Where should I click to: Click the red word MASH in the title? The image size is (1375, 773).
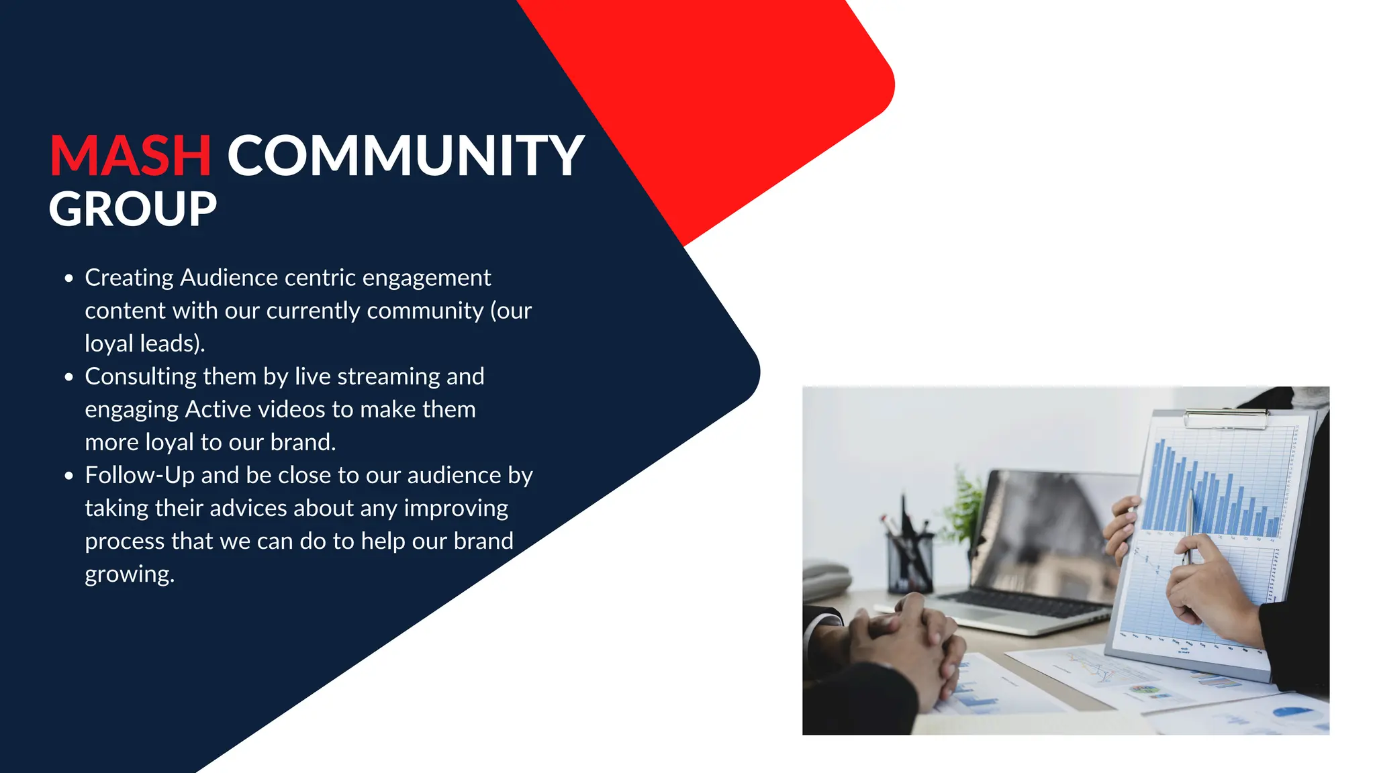(x=130, y=156)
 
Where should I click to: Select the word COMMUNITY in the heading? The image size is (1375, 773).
(x=406, y=156)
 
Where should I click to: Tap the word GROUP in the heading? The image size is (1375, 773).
(x=133, y=209)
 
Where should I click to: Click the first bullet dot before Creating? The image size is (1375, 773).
(x=68, y=278)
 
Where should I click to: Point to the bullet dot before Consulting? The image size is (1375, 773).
(x=68, y=377)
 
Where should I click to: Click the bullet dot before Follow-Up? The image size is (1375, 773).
(x=68, y=476)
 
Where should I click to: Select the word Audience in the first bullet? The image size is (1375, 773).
(x=229, y=277)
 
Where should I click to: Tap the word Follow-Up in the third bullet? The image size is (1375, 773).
(x=140, y=475)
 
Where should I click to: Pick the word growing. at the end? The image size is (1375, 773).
(x=130, y=574)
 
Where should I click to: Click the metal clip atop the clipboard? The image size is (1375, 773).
(x=1225, y=419)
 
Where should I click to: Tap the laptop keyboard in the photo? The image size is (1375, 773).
(x=1027, y=605)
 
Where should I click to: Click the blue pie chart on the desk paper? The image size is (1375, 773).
(x=1292, y=711)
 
